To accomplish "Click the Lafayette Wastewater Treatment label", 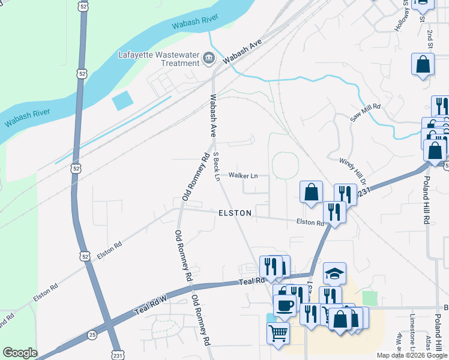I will point(159,59).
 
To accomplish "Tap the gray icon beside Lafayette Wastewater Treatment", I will point(208,58).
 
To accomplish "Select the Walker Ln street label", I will point(243,176).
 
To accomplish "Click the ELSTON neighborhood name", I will point(235,213).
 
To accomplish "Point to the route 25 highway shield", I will point(92,334).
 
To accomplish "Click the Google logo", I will point(20,353).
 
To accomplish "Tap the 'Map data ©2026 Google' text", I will point(412,355).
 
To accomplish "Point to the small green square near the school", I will point(370,298).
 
